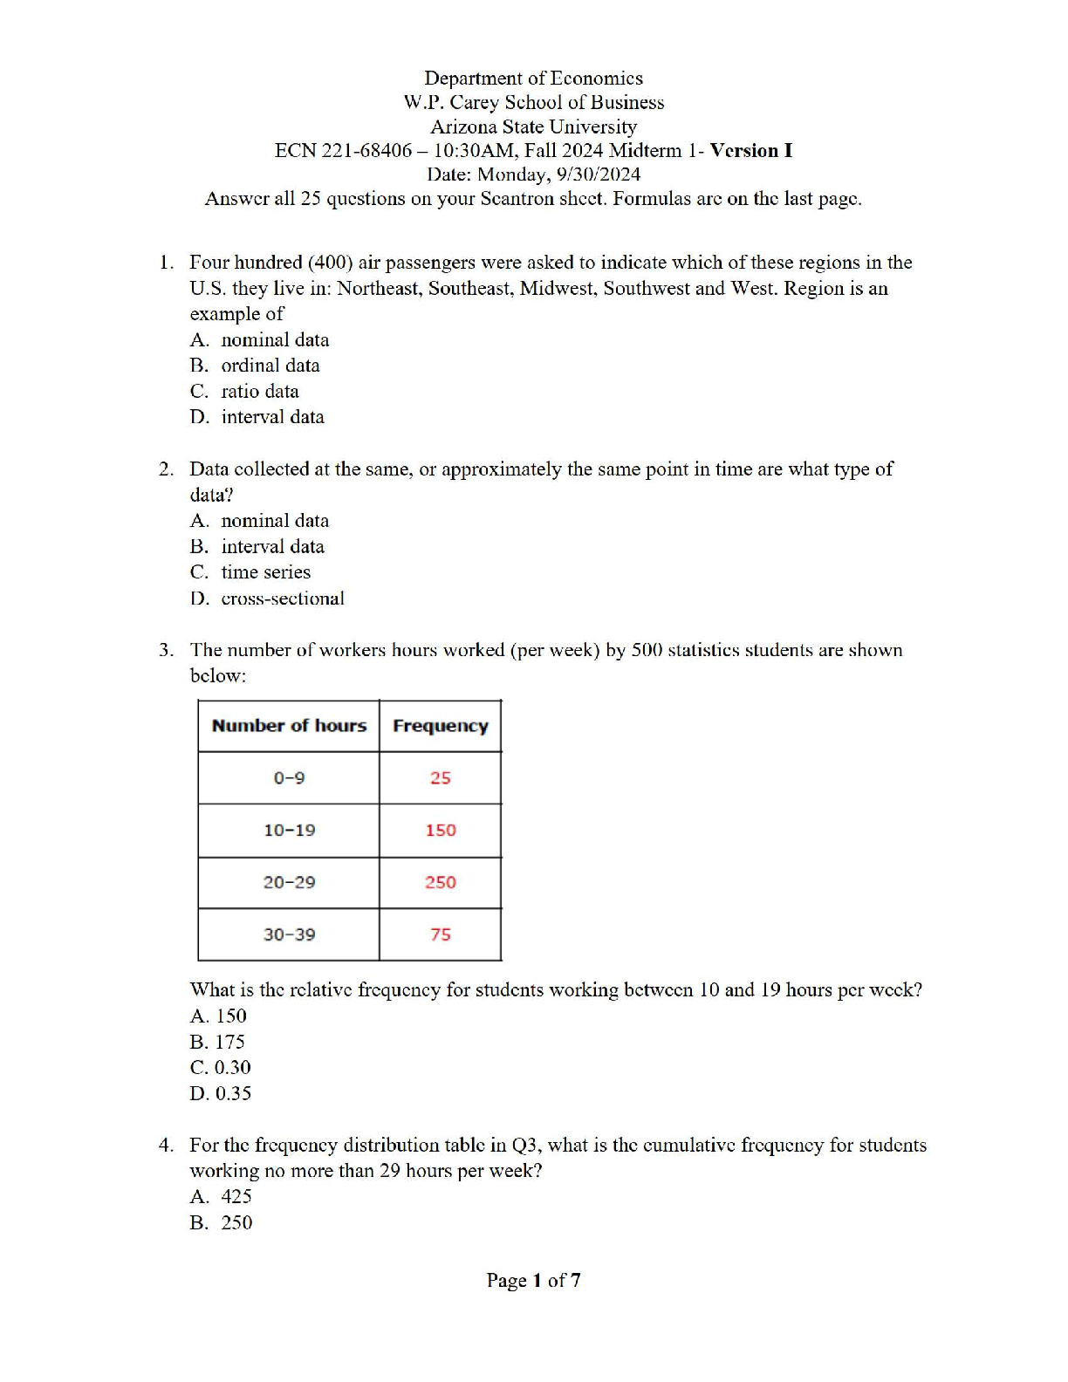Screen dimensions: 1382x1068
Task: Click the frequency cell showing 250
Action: (x=441, y=882)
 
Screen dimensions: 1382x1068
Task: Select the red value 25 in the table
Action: (x=441, y=777)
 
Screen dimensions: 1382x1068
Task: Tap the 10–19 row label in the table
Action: (x=289, y=830)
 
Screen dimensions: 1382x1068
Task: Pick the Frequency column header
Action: (x=441, y=726)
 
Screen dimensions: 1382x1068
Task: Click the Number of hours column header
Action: (x=289, y=726)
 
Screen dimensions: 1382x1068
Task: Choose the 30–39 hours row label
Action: (x=289, y=934)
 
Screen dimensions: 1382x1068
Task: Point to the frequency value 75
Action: (x=441, y=934)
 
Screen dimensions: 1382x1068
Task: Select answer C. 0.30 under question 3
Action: (x=221, y=1067)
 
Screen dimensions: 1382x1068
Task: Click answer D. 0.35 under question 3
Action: (x=221, y=1093)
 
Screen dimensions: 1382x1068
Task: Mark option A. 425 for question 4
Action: (x=222, y=1196)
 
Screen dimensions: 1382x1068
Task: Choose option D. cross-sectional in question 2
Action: (x=268, y=599)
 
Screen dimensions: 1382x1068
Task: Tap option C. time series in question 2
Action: (x=251, y=572)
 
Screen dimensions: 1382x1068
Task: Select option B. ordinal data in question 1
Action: (x=256, y=366)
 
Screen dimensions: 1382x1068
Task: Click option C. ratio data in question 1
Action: (x=245, y=392)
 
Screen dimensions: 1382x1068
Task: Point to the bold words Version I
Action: (x=751, y=150)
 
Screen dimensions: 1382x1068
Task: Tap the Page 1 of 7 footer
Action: (x=534, y=1280)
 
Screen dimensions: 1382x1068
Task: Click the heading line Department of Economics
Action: (x=534, y=79)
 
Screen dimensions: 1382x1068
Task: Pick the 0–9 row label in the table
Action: (x=289, y=777)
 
